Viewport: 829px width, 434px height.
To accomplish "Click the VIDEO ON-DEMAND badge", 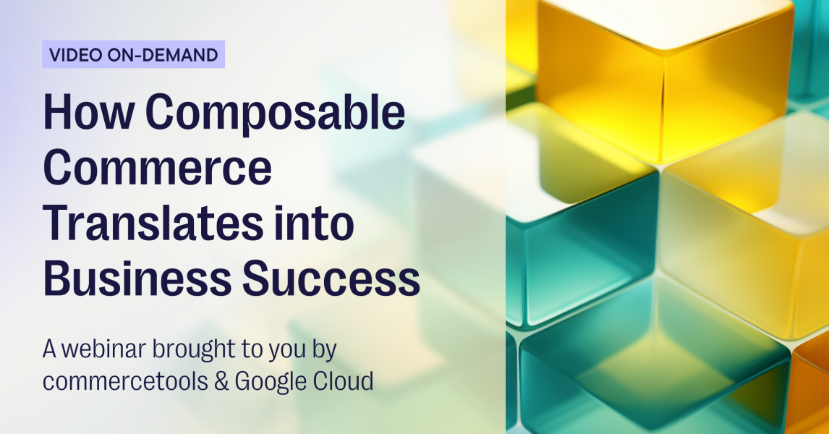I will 133,54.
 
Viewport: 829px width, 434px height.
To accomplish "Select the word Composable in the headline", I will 276,114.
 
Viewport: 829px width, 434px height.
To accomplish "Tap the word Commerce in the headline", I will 158,168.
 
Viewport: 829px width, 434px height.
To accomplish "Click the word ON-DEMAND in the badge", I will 161,54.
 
